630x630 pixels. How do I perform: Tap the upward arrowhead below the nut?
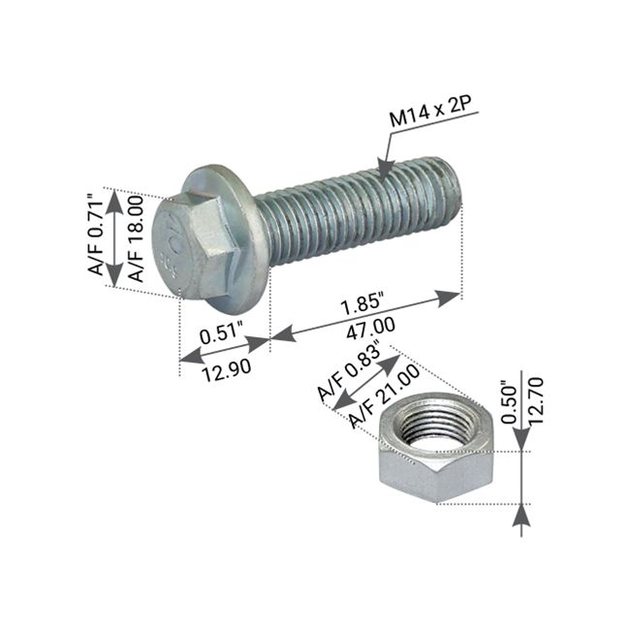(x=521, y=518)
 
